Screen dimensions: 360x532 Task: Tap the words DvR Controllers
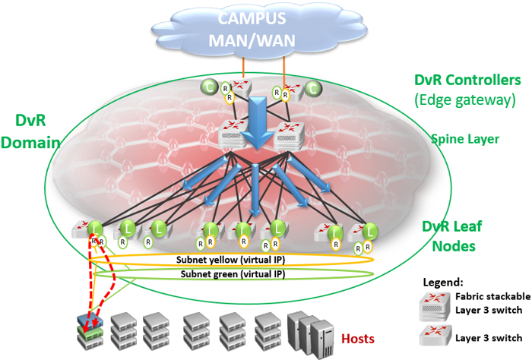(x=467, y=80)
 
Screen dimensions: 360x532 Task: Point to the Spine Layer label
(x=464, y=139)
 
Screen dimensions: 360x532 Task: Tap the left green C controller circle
(x=208, y=87)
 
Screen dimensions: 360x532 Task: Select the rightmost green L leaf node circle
(x=370, y=230)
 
